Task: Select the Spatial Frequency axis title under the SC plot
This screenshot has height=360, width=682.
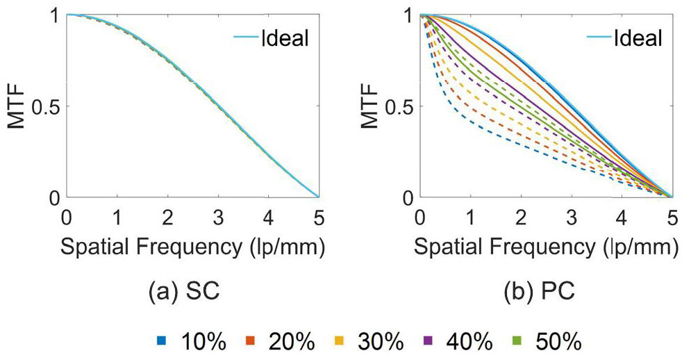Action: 192,247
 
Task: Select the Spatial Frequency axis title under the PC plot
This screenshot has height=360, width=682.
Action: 545,247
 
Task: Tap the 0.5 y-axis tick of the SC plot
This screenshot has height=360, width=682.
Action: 47,106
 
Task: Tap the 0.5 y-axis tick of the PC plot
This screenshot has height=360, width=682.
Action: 399,106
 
